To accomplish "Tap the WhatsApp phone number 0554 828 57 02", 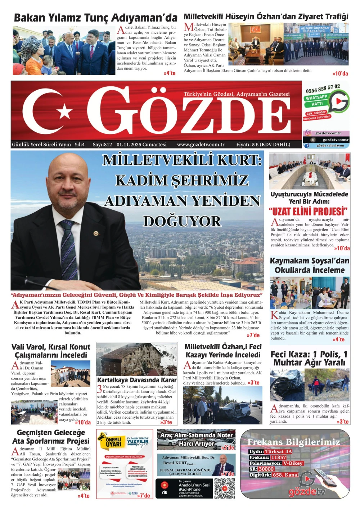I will click(x=323, y=88).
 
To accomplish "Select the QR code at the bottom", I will click(x=224, y=488).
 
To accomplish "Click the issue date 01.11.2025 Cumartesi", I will click(x=141, y=145).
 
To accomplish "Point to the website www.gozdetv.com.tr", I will click(x=201, y=145).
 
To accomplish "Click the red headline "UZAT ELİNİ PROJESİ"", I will click(x=308, y=211).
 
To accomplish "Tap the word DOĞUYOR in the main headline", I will click(x=182, y=221).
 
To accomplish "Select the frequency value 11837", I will click(x=279, y=458).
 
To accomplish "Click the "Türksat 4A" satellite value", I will click(x=278, y=451).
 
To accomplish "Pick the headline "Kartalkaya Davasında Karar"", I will click(x=137, y=380).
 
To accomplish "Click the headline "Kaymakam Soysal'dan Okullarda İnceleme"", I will click(x=310, y=265).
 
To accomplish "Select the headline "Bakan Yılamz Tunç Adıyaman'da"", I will click(x=95, y=18).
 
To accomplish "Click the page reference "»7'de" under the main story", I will click(x=253, y=335).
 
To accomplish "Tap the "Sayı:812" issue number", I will click(x=102, y=145).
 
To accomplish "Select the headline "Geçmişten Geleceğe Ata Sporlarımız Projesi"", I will click(x=51, y=437).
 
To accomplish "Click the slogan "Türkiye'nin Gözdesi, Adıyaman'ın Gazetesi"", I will click(x=236, y=94).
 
